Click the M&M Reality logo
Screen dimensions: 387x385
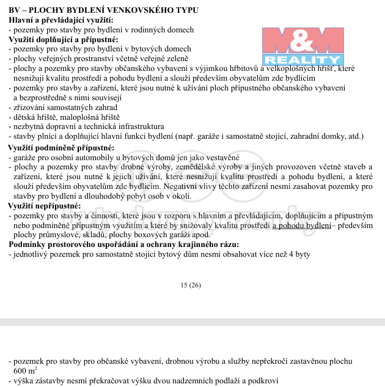(x=302, y=46)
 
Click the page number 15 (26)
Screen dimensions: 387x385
(x=191, y=285)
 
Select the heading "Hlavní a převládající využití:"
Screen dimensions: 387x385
(x=61, y=20)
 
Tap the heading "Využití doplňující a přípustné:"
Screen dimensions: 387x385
(x=64, y=39)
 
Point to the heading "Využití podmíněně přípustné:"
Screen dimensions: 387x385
(x=61, y=148)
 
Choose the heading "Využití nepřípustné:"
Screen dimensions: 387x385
(x=45, y=205)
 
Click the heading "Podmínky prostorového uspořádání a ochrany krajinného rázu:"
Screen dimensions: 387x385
(x=124, y=245)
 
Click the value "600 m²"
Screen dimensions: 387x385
(x=25, y=370)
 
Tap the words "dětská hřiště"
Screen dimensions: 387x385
(x=38, y=117)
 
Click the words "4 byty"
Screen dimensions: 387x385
(x=299, y=254)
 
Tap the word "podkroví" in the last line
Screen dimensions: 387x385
(x=262, y=380)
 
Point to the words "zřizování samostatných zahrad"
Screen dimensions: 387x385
(x=65, y=107)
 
